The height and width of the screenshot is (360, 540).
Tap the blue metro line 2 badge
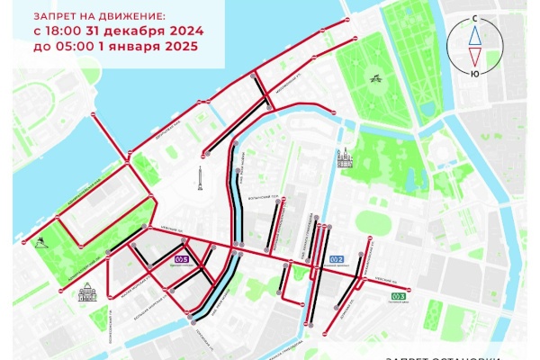(x=336, y=259)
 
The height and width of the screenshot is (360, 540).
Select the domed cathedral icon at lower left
(x=88, y=292)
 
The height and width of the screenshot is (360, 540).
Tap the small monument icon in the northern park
(x=373, y=77)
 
